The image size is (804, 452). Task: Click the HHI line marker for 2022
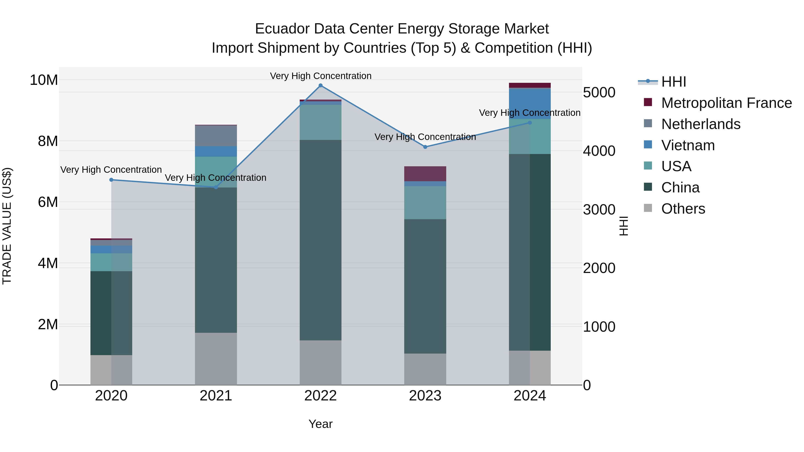coord(320,85)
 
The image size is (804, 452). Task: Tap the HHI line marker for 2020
coord(111,180)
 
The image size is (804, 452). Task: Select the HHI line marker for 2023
coord(425,147)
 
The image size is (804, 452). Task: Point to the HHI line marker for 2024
coord(530,123)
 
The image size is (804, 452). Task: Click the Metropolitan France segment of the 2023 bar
coord(425,174)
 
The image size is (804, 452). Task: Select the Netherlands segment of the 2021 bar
coord(216,136)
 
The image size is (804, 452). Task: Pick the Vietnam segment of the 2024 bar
coord(530,104)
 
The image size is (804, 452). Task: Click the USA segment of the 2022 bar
coord(320,122)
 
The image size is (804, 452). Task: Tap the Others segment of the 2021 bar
coord(216,359)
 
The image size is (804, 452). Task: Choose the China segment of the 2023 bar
coord(425,286)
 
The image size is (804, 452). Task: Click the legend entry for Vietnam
coord(688,145)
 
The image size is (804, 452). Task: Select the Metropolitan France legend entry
coord(726,103)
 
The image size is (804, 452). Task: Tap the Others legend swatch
coord(648,208)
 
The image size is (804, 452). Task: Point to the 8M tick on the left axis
coord(48,141)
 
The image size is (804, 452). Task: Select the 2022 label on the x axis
coord(320,396)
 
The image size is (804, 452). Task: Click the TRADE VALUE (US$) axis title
coord(7,226)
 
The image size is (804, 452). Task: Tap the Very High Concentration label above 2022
coord(320,76)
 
